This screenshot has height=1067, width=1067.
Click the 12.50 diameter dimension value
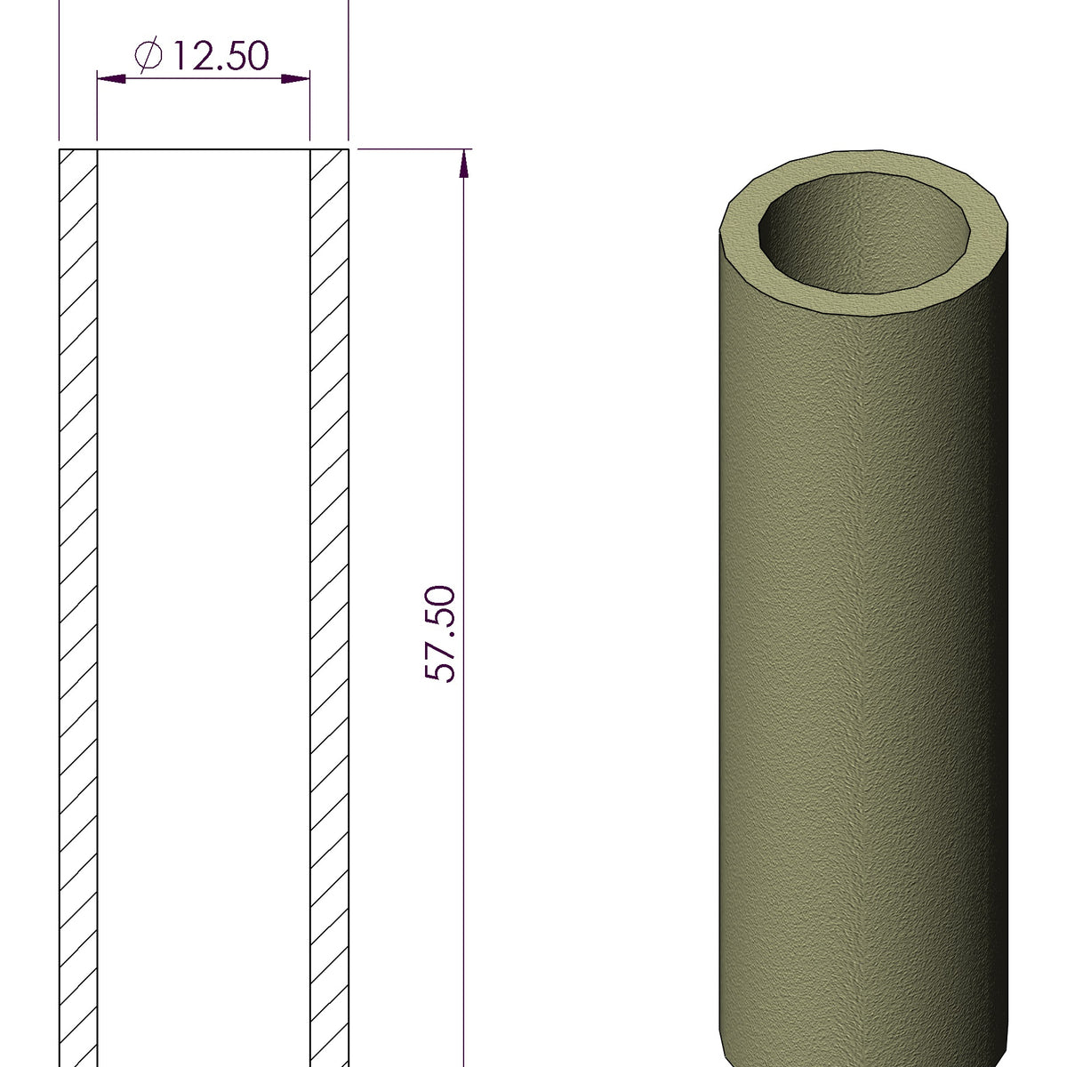coord(219,56)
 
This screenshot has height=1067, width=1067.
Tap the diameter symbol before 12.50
coord(148,56)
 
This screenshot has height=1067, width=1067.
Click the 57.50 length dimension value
coord(440,634)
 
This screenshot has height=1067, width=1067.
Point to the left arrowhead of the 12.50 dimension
coord(109,79)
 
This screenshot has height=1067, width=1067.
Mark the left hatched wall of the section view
coord(77,605)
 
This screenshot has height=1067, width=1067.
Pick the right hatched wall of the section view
coord(329,605)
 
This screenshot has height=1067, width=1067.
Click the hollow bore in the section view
coord(203,605)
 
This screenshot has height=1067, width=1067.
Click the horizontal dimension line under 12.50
coord(203,79)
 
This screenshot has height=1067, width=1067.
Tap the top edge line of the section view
coord(203,149)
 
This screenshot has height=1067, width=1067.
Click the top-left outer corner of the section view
coord(60,149)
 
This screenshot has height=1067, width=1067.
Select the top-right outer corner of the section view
coord(349,149)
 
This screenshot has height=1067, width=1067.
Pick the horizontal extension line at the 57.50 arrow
coord(413,148)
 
